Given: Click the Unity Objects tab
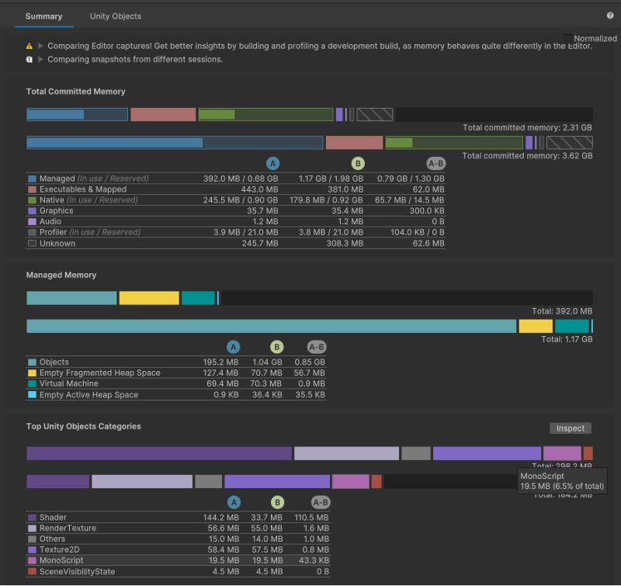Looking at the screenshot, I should (x=116, y=16).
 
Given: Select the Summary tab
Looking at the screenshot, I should (x=43, y=16).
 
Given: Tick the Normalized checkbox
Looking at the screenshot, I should (x=567, y=38).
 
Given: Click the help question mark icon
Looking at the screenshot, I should (x=610, y=16).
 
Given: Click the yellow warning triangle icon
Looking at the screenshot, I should (x=29, y=47).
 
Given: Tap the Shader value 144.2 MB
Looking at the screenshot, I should (x=221, y=518).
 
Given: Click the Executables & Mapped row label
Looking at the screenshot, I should (x=82, y=189).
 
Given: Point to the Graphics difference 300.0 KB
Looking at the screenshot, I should (x=428, y=211).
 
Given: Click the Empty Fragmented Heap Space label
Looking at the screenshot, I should (x=99, y=373).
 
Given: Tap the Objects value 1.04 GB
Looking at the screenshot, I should (x=267, y=362).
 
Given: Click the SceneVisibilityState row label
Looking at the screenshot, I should (x=77, y=571).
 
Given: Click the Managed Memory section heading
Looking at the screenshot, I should (x=61, y=276).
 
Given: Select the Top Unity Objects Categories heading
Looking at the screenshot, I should (x=84, y=427).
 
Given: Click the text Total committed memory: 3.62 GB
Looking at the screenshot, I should (x=527, y=156).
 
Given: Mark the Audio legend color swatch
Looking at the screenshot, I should (x=32, y=222).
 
